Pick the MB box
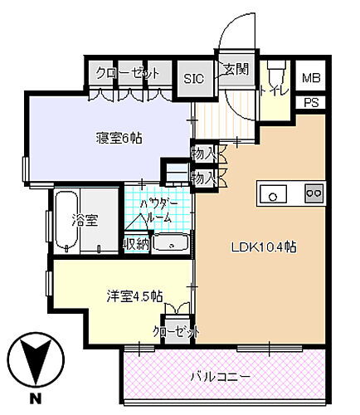(310, 78)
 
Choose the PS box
(310, 103)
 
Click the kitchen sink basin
(273, 193)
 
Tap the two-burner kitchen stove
(314, 193)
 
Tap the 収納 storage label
(136, 243)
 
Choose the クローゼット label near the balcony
(176, 331)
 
